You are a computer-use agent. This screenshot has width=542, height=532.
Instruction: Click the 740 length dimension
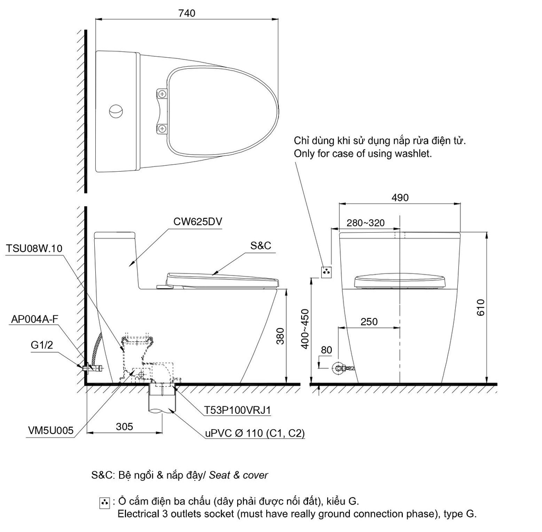187,13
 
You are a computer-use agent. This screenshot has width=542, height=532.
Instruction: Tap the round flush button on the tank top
116,111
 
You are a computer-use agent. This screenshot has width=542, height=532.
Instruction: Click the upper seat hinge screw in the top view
162,94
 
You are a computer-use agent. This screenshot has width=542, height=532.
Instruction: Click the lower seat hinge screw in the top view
162,128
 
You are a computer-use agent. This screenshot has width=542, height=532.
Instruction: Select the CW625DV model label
197,223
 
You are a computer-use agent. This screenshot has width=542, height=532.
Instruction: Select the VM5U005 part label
51,431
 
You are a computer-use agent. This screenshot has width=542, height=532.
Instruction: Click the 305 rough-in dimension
124,426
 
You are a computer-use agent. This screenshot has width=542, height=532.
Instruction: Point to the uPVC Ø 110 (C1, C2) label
255,433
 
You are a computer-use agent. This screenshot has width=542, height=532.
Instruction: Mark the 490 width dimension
400,197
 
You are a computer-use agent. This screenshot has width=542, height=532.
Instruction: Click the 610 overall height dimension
480,307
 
